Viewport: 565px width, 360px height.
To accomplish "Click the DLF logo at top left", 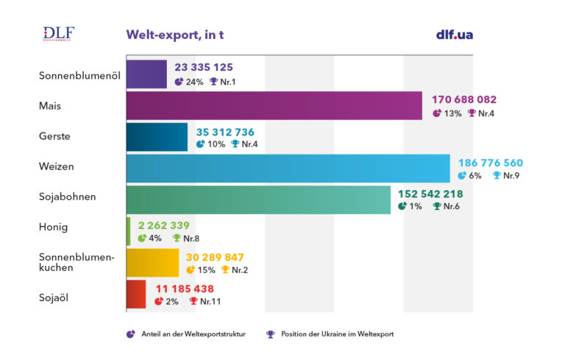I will pyautogui.click(x=59, y=35).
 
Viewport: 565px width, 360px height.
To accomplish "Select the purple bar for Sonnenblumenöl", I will pyautogui.click(x=147, y=74).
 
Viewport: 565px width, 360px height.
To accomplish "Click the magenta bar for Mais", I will pyautogui.click(x=274, y=105).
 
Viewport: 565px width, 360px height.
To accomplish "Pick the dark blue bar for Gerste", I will pyautogui.click(x=157, y=137).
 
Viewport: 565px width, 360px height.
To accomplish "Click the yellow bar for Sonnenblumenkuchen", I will pyautogui.click(x=152, y=263).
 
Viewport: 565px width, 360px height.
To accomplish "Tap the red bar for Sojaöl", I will pyautogui.click(x=136, y=294).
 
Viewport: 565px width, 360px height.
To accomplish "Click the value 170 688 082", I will pyautogui.click(x=464, y=99).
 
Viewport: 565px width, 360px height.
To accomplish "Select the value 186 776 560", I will pyautogui.click(x=491, y=163).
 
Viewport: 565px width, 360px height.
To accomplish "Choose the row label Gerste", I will pyautogui.click(x=55, y=137).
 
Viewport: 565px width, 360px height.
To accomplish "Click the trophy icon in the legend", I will pyautogui.click(x=271, y=334).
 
